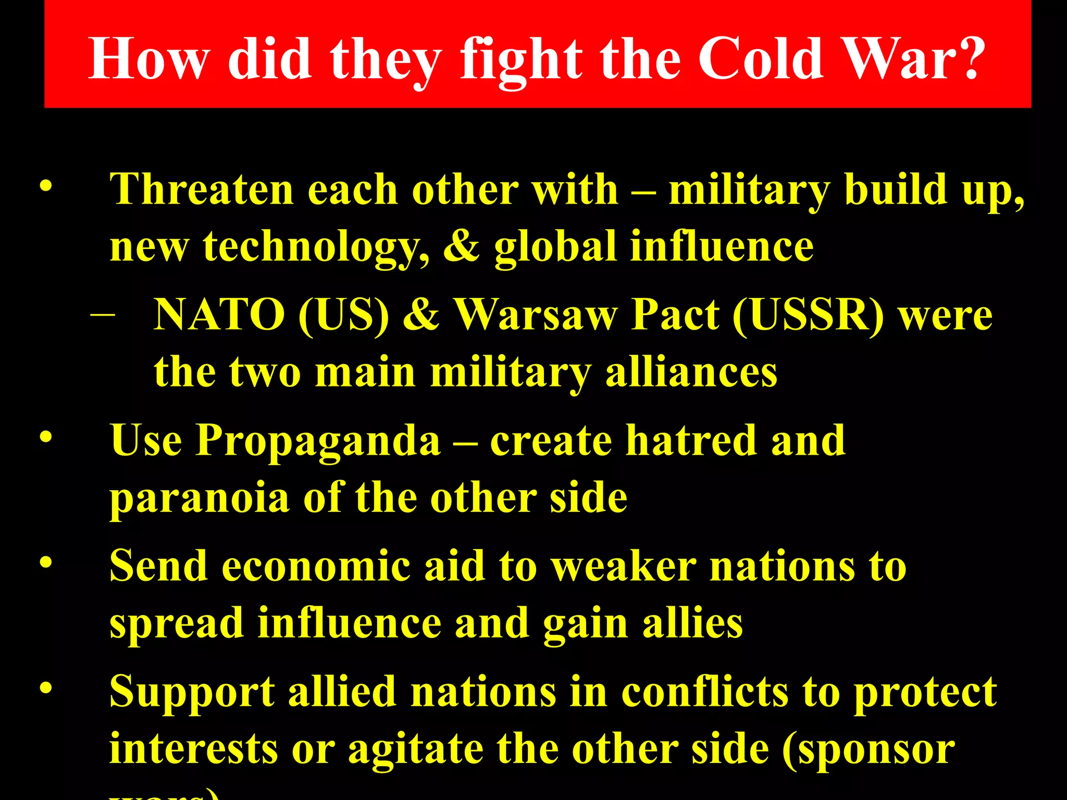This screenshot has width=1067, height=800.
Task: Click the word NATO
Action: (x=219, y=315)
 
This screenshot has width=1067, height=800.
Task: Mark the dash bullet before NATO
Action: (x=102, y=315)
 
